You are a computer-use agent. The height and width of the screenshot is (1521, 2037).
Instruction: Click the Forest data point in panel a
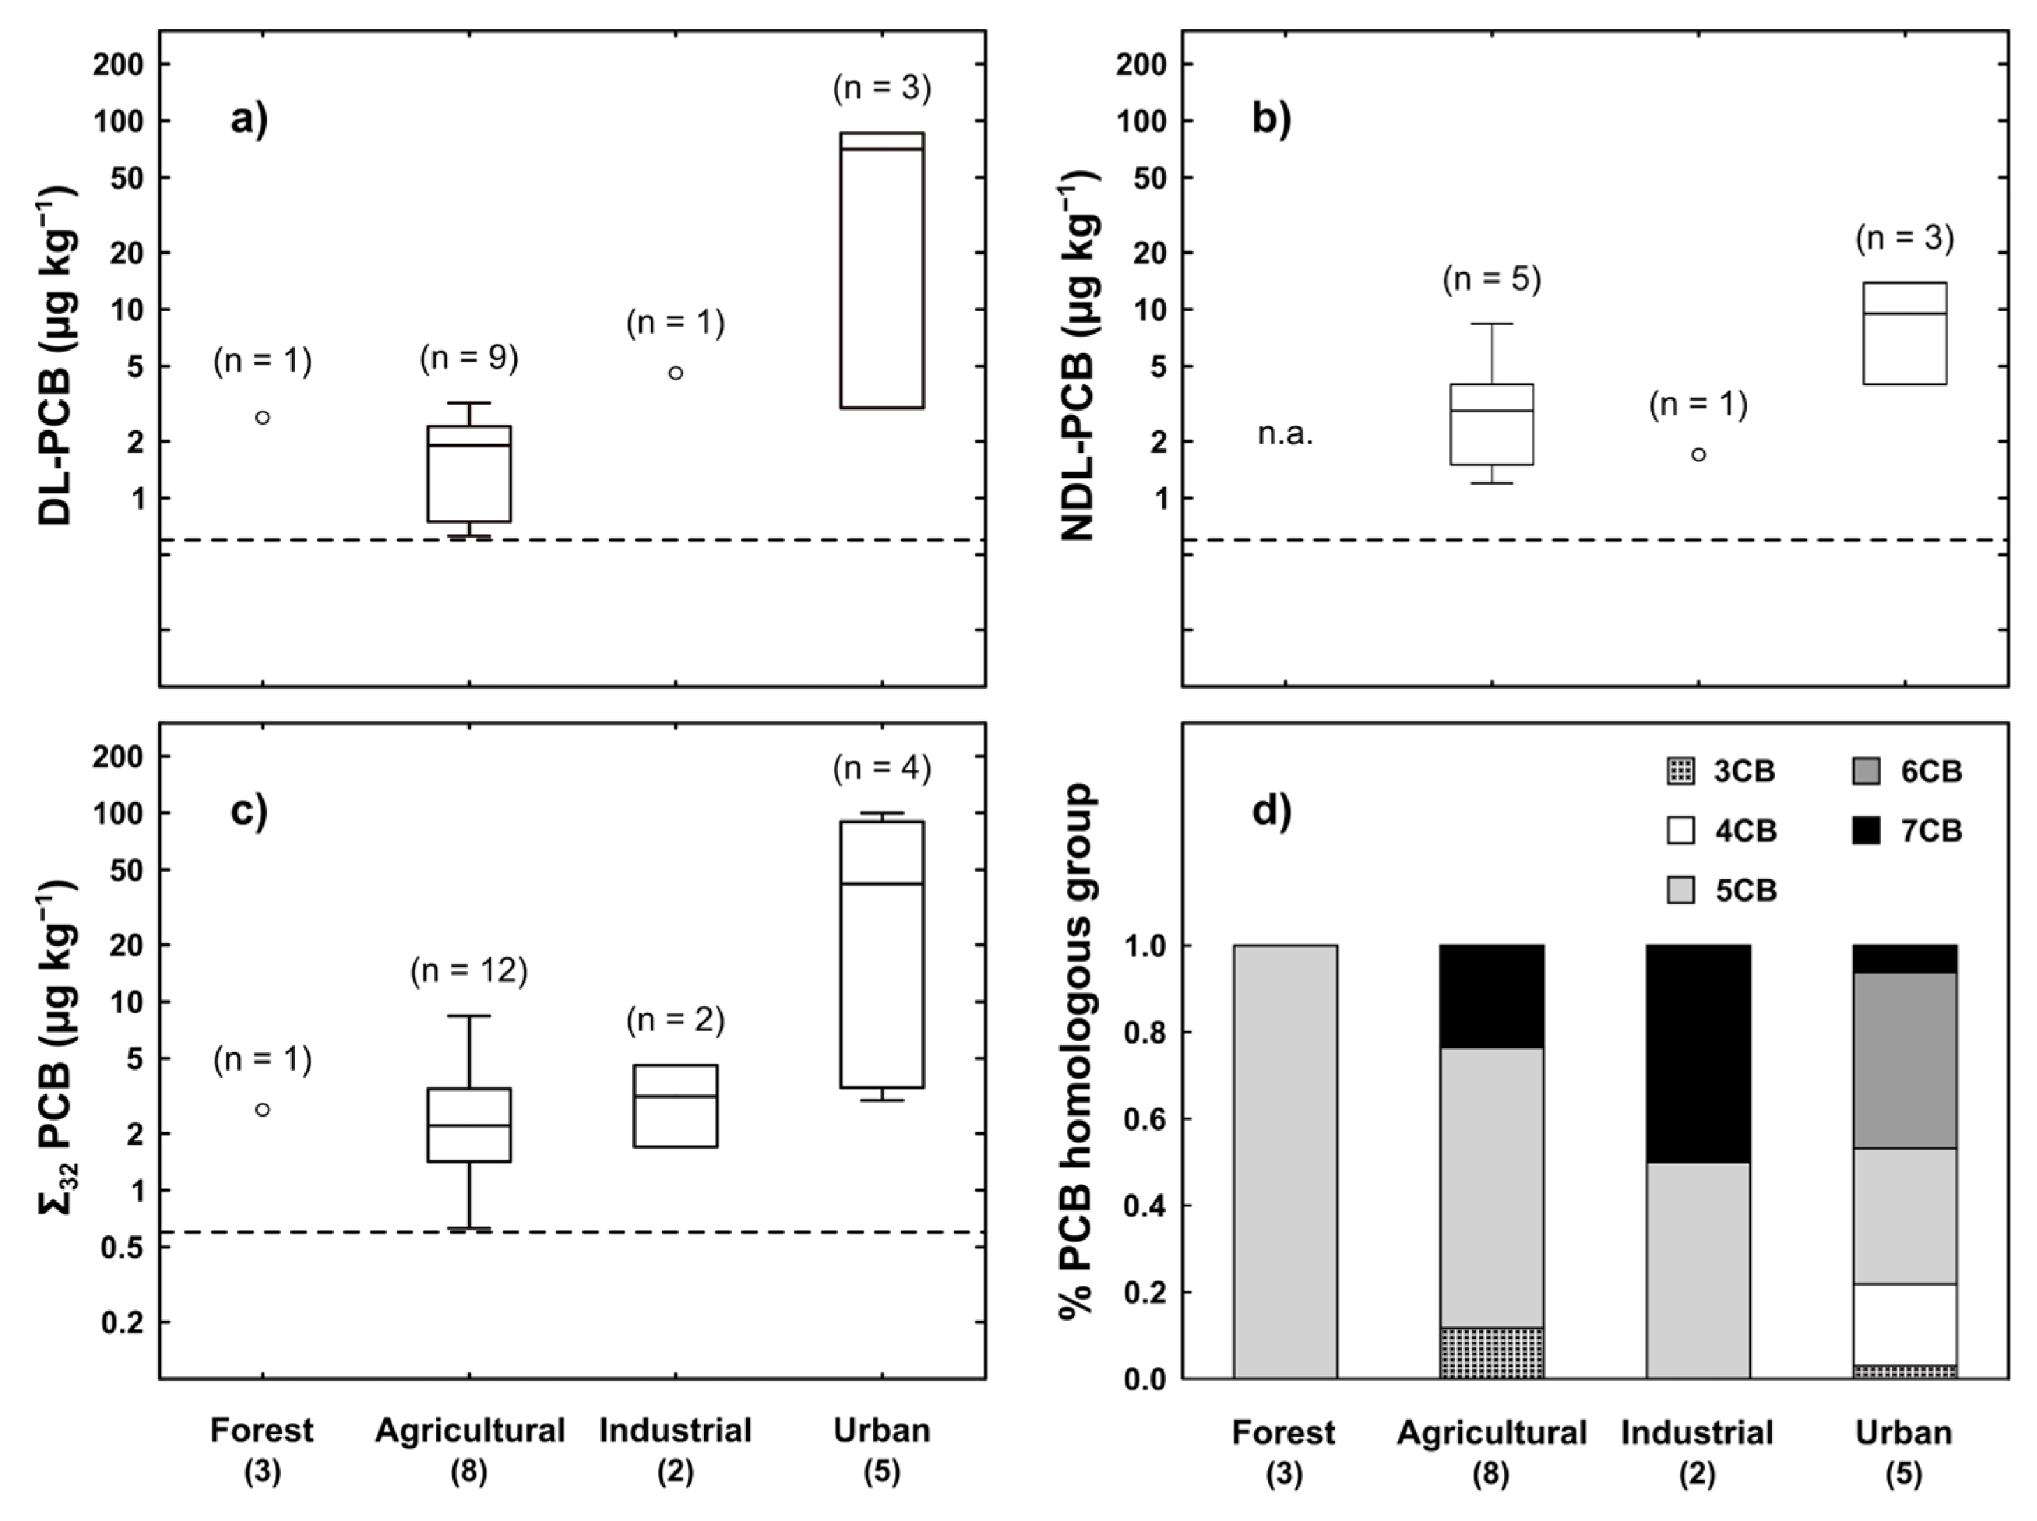262,417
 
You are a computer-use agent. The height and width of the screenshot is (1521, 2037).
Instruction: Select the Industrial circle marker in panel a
676,373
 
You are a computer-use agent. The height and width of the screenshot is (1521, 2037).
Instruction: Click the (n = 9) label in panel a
468,358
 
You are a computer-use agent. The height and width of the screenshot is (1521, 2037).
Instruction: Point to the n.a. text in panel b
1285,434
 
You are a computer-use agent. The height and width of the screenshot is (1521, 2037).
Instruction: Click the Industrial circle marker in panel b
1698,454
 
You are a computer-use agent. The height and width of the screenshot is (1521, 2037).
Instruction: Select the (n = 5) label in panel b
1491,279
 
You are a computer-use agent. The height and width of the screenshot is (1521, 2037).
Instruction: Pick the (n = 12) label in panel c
468,971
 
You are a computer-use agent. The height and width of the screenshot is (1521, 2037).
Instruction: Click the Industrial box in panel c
676,1105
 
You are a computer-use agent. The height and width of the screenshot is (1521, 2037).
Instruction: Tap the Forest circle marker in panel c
262,1110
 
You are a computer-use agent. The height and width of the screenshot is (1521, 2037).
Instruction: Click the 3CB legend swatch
1681,772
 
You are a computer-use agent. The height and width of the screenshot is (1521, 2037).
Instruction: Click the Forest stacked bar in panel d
1285,1160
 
